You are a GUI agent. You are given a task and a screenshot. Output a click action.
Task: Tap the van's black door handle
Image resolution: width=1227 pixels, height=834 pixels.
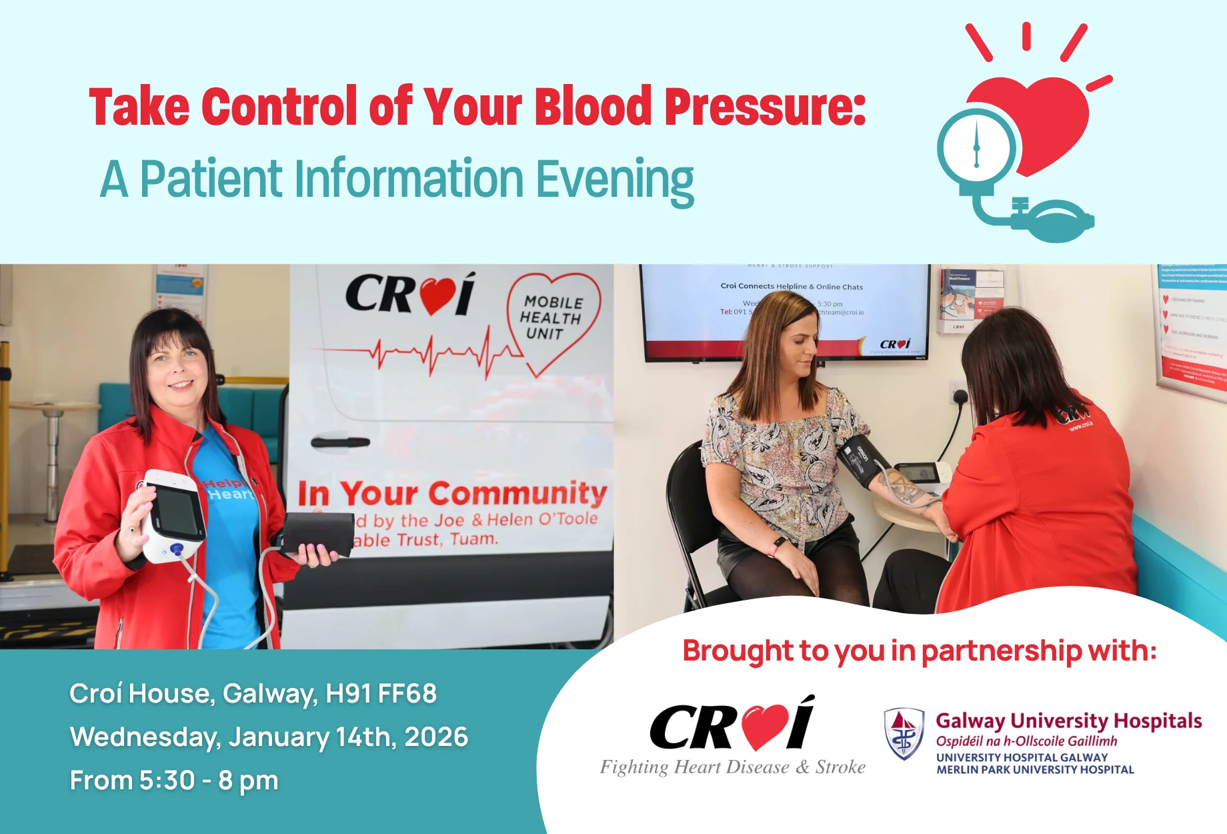pyautogui.click(x=340, y=442)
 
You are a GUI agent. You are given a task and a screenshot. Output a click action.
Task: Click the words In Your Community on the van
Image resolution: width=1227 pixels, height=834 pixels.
pyautogui.click(x=451, y=494)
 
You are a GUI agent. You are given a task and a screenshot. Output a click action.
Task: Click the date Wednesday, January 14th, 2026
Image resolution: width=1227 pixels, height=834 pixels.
pyautogui.click(x=269, y=737)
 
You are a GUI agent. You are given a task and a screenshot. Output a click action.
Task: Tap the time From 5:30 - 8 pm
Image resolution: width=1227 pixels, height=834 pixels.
pyautogui.click(x=174, y=781)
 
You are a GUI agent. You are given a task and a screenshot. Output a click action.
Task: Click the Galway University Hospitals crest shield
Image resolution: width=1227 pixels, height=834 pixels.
pyautogui.click(x=904, y=734)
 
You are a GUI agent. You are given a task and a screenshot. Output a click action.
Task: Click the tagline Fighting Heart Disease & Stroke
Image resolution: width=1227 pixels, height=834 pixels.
pyautogui.click(x=732, y=767)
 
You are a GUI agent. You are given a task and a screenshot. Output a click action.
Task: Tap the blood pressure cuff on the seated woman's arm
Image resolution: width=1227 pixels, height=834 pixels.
pyautogui.click(x=864, y=460)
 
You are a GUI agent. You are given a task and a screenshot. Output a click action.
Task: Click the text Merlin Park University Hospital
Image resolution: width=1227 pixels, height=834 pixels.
pyautogui.click(x=1034, y=770)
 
